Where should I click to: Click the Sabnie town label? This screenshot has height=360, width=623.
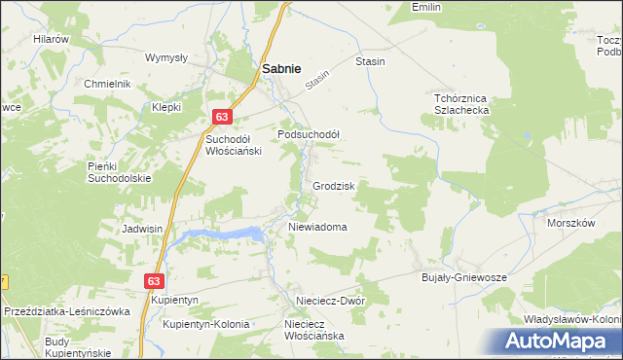tap(280, 69)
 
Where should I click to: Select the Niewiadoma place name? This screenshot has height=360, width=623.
tap(317, 227)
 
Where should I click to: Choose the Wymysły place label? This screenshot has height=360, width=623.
tap(165, 57)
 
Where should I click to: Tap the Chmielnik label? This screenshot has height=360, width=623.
tap(107, 84)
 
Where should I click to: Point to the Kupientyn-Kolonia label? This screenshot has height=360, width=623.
tap(206, 324)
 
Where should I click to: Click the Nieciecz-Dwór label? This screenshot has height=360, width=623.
tap(332, 302)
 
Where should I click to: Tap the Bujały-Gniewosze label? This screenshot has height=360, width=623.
tap(464, 277)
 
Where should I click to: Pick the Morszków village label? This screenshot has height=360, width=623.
tap(570, 223)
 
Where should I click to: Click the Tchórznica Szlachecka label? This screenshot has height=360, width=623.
tap(460, 104)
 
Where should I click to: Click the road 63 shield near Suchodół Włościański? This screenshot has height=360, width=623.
tap(223, 117)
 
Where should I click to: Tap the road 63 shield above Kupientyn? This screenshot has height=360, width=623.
tap(153, 280)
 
